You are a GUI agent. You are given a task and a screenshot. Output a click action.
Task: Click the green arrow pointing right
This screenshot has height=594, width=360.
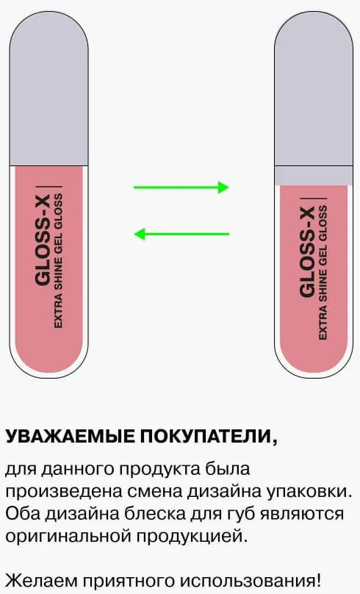click(181, 187)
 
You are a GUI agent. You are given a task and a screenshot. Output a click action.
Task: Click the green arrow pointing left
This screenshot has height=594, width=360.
click(181, 234)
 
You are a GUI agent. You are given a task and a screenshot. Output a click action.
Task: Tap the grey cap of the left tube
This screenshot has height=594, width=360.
click(48, 89)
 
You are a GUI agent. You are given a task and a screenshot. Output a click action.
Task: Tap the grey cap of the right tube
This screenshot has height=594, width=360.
click(314, 99)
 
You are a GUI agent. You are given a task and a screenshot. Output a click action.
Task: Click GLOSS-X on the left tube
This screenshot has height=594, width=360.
click(43, 241)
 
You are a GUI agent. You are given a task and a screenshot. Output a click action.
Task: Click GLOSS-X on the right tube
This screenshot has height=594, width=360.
click(307, 252)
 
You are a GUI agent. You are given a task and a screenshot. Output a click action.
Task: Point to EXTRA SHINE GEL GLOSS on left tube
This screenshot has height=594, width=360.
click(58, 261)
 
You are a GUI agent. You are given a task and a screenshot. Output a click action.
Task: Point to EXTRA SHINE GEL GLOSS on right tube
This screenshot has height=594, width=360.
click(323, 273)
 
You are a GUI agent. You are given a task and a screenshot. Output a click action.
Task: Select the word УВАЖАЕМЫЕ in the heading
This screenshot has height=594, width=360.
click(70, 437)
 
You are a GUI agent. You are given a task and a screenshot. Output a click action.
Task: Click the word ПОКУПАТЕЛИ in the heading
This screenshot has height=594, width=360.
click(206, 437)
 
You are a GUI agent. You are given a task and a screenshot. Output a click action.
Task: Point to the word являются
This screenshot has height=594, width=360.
click(301, 515)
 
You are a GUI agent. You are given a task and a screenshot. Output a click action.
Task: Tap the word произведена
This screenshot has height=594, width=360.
click(63, 492)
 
